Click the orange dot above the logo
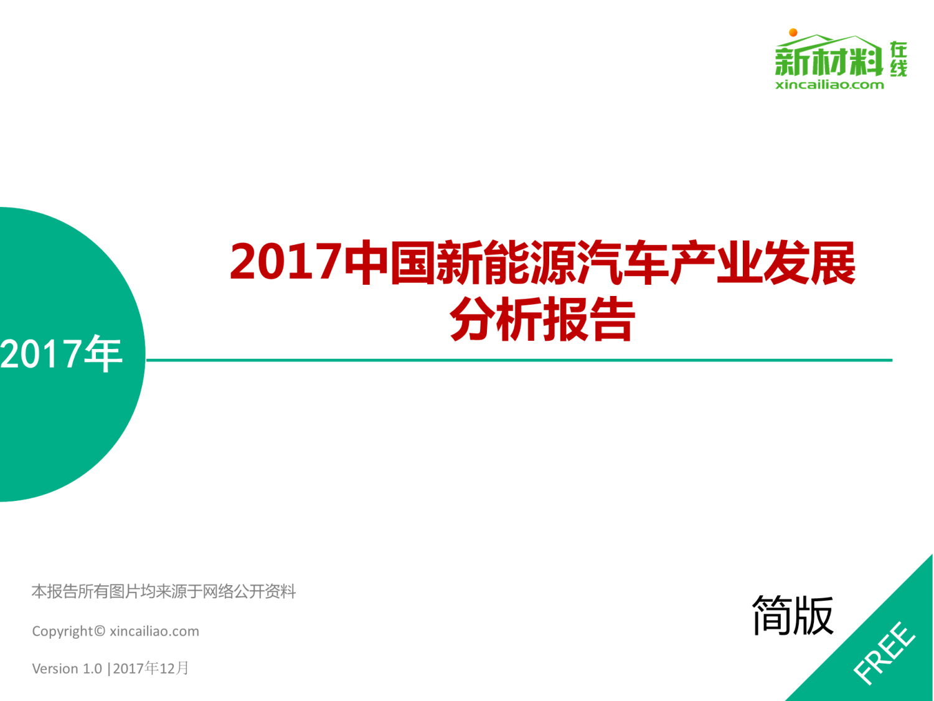793,32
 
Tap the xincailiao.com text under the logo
829,85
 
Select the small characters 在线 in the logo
899,59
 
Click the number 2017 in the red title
286,261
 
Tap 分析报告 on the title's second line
542,319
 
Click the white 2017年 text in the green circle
61,353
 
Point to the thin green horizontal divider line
519,360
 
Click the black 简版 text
793,616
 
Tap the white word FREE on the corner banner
884,653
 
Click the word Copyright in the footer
62,631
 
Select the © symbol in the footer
99,631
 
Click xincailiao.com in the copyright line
154,631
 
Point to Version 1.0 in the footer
67,669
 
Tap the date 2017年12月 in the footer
151,668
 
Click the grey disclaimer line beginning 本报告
164,591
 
